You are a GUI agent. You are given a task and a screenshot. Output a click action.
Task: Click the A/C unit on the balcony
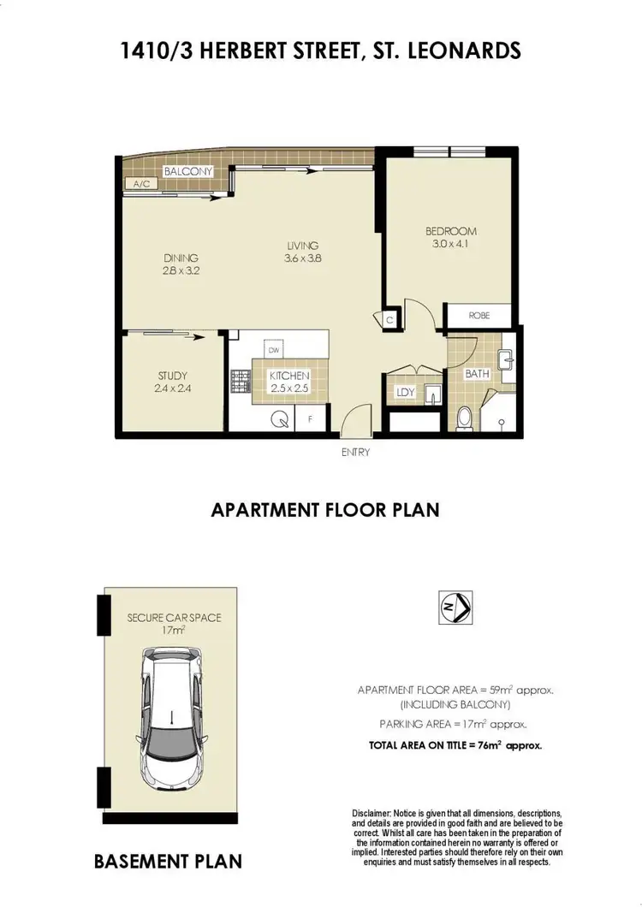(x=138, y=184)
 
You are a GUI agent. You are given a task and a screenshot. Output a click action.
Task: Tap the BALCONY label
(x=181, y=172)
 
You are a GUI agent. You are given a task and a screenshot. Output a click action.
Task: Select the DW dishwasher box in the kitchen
(x=275, y=351)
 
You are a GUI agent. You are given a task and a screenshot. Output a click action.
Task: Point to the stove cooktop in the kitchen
(x=239, y=382)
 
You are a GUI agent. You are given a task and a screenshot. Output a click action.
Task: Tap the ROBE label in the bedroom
(x=479, y=316)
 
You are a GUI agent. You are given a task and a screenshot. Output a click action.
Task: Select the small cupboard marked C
(x=389, y=320)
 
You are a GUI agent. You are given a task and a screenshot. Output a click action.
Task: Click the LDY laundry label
(x=404, y=394)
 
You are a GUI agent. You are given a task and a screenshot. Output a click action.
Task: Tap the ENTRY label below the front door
(x=354, y=453)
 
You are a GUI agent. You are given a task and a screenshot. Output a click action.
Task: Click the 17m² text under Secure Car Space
(x=174, y=631)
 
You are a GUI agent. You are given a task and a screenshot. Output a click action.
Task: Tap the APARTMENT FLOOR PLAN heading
(x=324, y=510)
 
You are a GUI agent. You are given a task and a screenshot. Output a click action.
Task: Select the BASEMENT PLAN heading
(x=168, y=861)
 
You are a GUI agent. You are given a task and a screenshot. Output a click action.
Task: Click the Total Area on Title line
(x=455, y=745)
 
